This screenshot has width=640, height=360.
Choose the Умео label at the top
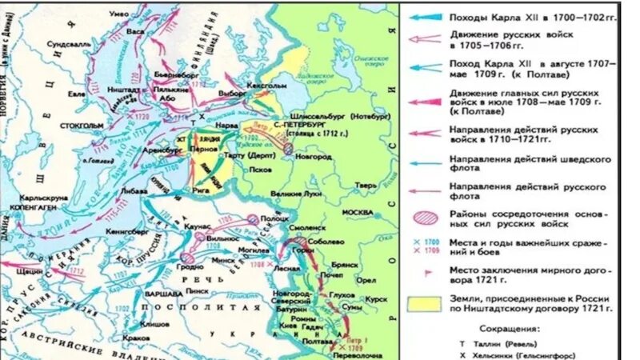[120, 14]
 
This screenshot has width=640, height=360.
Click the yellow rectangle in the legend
[424, 302]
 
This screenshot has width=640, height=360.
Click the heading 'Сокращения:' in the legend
[510, 328]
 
